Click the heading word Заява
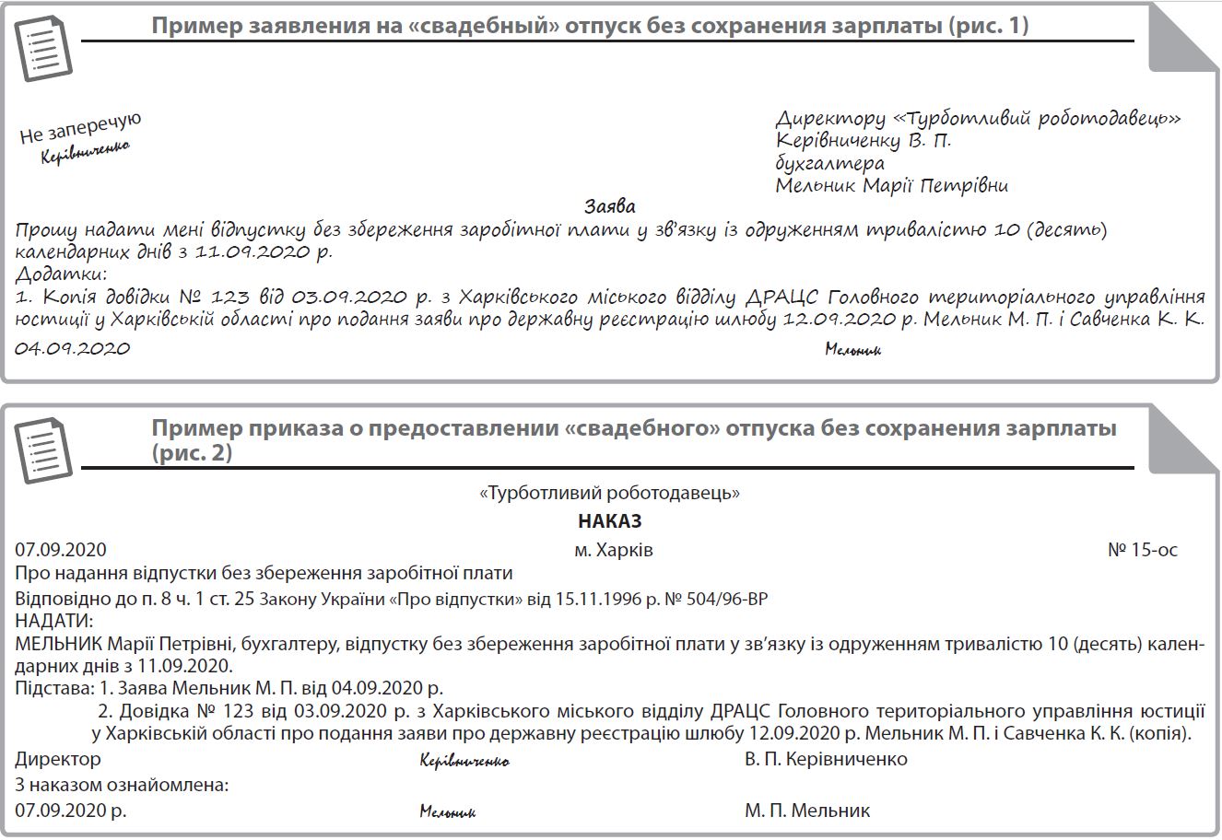[609, 206]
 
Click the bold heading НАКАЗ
[609, 521]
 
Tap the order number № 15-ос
[1142, 551]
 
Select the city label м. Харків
[613, 551]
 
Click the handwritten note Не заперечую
[80, 127]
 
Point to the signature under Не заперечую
[85, 153]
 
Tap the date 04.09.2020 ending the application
[73, 348]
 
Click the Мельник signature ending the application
[852, 350]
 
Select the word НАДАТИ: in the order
[54, 621]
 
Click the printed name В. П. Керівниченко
[826, 760]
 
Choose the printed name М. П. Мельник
[807, 811]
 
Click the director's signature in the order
[464, 762]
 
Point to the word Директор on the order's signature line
[58, 760]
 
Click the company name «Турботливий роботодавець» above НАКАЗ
[610, 494]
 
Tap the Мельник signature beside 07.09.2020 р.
[447, 812]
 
